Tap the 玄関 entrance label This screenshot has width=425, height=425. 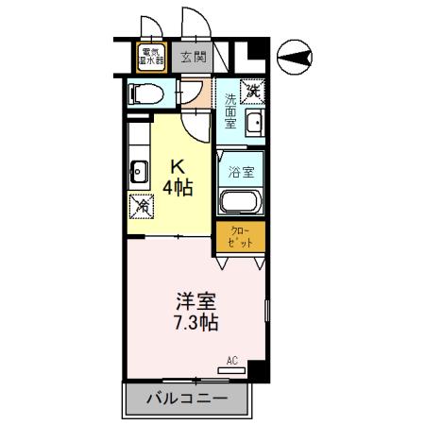pyautogui.click(x=193, y=57)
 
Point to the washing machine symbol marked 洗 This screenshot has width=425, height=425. pyautogui.click(x=253, y=92)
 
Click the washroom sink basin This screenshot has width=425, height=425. pyautogui.click(x=253, y=123)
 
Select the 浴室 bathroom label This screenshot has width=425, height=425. pyautogui.click(x=240, y=173)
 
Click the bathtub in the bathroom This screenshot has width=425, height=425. pyautogui.click(x=240, y=201)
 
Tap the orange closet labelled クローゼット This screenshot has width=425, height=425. pyautogui.click(x=240, y=237)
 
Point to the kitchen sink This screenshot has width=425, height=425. pyautogui.click(x=138, y=172)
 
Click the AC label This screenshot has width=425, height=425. pyautogui.click(x=233, y=360)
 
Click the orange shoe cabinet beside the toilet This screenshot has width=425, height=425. pyautogui.click(x=192, y=93)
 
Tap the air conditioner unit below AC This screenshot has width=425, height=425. pyautogui.click(x=233, y=369)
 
